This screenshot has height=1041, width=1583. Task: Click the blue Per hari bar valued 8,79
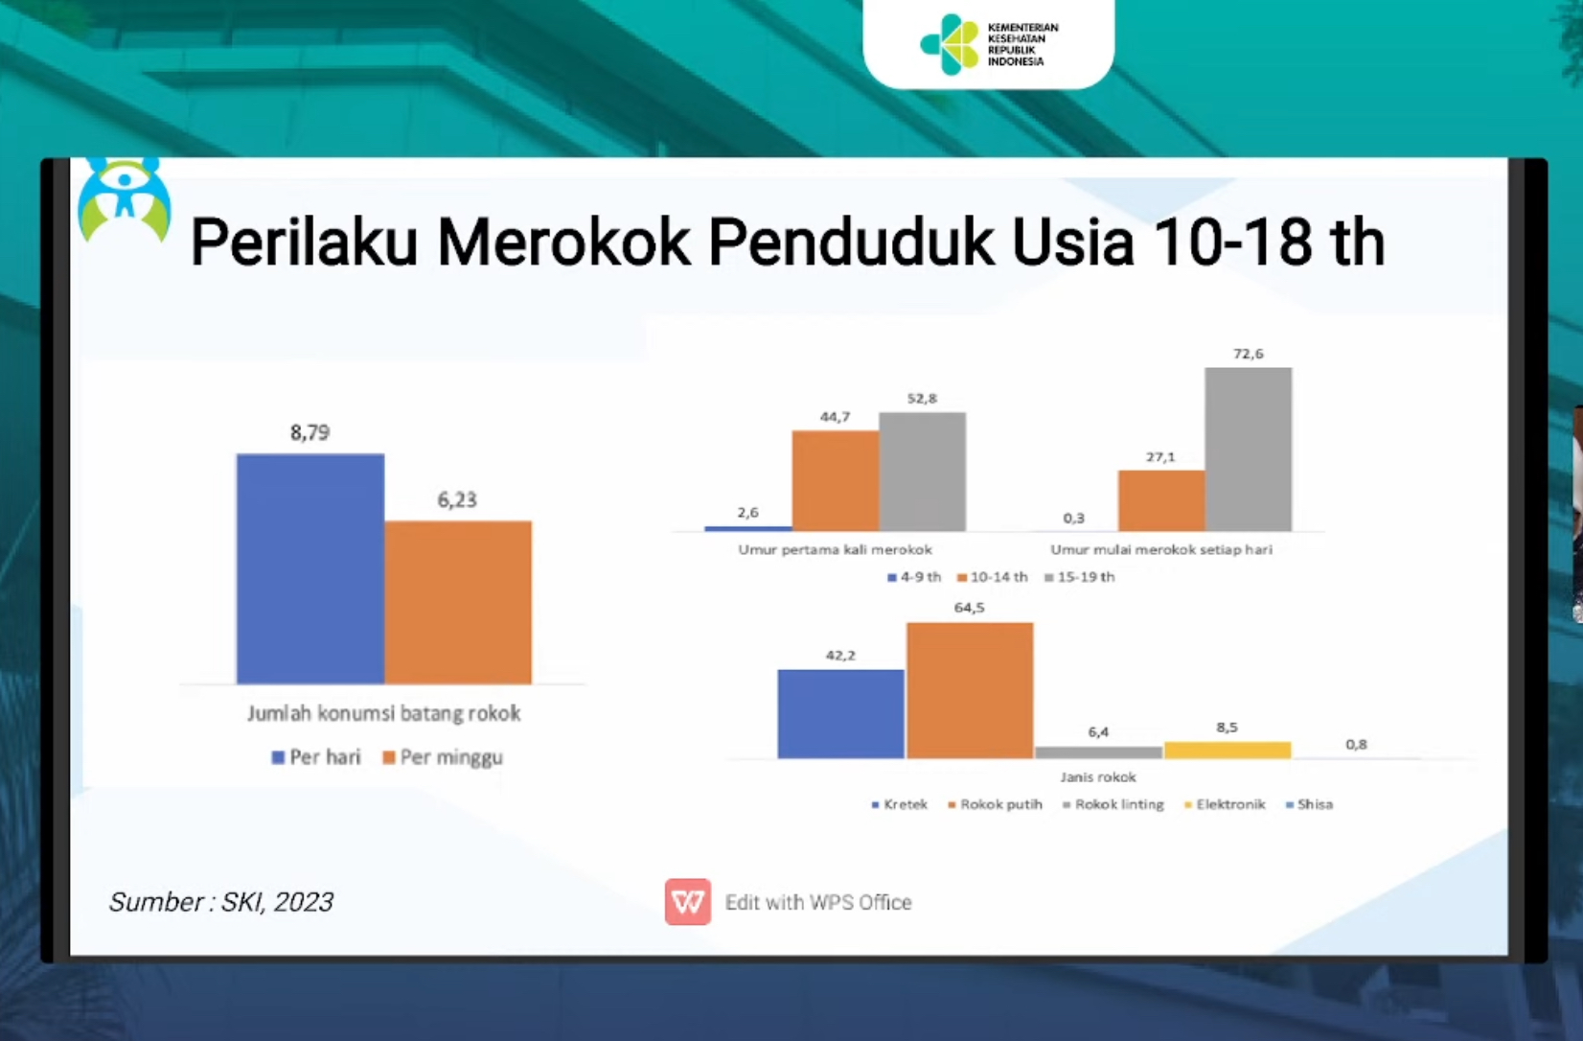[310, 569]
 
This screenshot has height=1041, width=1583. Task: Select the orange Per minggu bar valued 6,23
[458, 602]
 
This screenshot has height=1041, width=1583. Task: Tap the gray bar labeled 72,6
[1248, 449]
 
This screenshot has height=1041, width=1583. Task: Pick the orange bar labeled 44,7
[836, 480]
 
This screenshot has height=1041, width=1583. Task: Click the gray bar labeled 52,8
[922, 472]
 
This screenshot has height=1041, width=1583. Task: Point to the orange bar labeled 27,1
[1161, 500]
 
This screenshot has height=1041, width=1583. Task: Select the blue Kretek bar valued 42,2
[841, 714]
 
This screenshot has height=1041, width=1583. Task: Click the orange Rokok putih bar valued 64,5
[970, 690]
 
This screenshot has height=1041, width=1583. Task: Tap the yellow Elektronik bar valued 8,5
[1227, 750]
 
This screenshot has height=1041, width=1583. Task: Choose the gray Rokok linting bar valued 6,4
[1098, 752]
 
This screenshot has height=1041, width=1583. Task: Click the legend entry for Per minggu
[443, 757]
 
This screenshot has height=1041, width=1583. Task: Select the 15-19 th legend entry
[1079, 577]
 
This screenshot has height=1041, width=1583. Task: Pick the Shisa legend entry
[1310, 804]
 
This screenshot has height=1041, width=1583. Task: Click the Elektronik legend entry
[1225, 804]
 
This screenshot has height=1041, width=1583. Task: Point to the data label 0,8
[1356, 744]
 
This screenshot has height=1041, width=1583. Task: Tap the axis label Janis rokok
[1098, 777]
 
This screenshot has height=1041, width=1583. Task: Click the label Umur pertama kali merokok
[836, 550]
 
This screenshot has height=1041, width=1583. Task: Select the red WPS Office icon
[688, 902]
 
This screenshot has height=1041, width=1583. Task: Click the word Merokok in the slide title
[563, 243]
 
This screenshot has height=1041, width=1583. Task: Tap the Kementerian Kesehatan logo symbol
[949, 44]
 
